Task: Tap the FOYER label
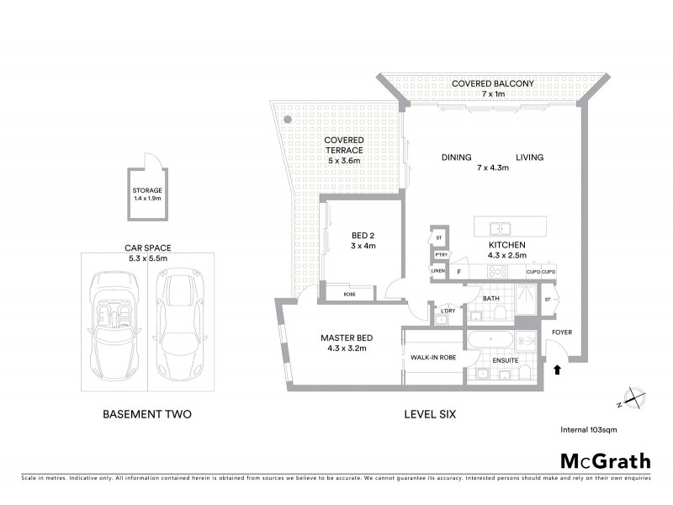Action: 561,332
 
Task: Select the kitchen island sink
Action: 500,227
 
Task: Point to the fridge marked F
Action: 458,272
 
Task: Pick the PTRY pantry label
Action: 440,255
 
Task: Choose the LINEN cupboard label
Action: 437,271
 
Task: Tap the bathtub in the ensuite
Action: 489,341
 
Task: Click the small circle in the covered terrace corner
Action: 287,120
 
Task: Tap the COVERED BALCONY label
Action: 492,83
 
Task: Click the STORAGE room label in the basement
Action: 147,190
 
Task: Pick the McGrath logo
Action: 605,460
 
